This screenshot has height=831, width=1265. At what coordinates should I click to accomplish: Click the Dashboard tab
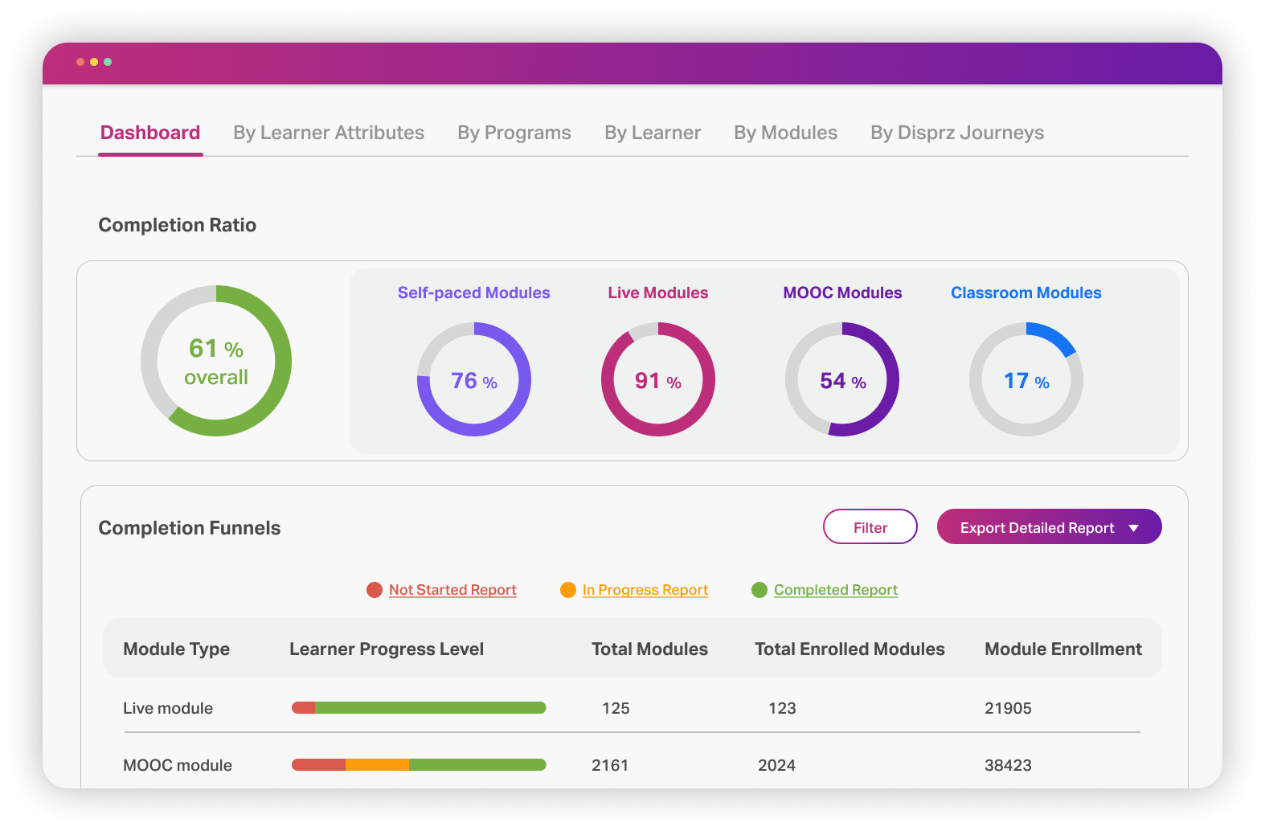pyautogui.click(x=150, y=133)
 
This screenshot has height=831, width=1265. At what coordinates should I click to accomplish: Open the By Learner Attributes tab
pyautogui.click(x=329, y=133)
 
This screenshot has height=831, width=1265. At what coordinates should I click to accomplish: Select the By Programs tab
pyautogui.click(x=514, y=133)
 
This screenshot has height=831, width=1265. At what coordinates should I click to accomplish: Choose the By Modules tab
pyautogui.click(x=785, y=133)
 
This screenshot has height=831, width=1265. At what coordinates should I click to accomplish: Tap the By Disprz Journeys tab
pyautogui.click(x=957, y=133)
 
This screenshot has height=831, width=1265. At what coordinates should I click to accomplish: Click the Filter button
pyautogui.click(x=870, y=527)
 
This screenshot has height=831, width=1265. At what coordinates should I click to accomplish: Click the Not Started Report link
pyautogui.click(x=452, y=590)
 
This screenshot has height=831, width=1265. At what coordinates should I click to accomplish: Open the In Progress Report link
pyautogui.click(x=645, y=590)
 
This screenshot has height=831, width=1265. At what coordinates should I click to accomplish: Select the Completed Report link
pyautogui.click(x=836, y=590)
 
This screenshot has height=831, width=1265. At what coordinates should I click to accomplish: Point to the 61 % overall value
pyautogui.click(x=216, y=361)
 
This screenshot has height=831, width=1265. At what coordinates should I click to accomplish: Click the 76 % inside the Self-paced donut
pyautogui.click(x=473, y=381)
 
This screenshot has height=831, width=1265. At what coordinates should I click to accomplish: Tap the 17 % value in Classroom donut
pyautogui.click(x=1026, y=381)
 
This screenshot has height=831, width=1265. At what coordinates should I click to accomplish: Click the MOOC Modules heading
pyautogui.click(x=842, y=293)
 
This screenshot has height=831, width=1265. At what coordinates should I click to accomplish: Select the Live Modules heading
pyautogui.click(x=657, y=293)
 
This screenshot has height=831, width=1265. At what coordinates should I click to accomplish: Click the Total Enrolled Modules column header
pyautogui.click(x=849, y=649)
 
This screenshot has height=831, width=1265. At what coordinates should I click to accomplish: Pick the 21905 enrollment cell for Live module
pyautogui.click(x=1008, y=708)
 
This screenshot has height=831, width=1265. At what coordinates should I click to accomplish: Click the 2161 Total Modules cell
pyautogui.click(x=610, y=765)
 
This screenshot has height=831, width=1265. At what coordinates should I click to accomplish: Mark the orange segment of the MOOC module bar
pyautogui.click(x=377, y=765)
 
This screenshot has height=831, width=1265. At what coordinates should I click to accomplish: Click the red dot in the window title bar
pyautogui.click(x=80, y=62)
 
